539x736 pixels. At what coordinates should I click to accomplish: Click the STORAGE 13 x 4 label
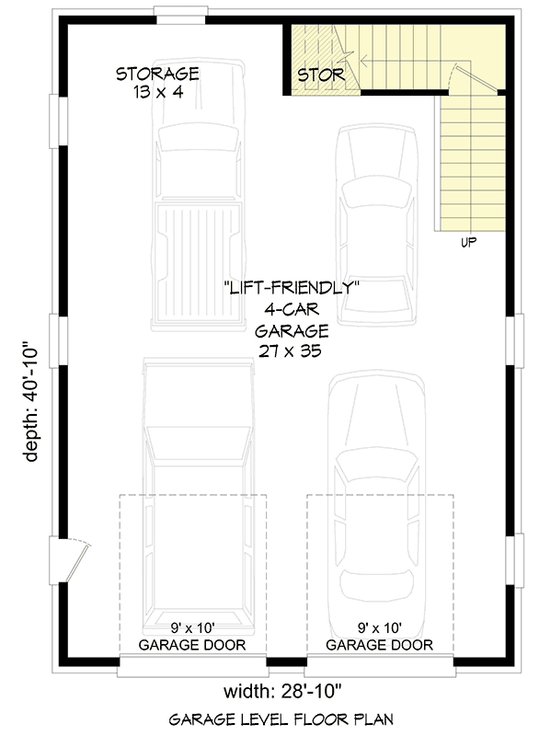pyautogui.click(x=157, y=82)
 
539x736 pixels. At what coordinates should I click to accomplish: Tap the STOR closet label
pyautogui.click(x=320, y=75)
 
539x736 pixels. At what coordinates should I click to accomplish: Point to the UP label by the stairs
pyautogui.click(x=468, y=243)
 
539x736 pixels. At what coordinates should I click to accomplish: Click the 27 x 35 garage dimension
pyautogui.click(x=291, y=351)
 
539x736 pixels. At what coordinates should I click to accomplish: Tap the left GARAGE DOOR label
pyautogui.click(x=192, y=645)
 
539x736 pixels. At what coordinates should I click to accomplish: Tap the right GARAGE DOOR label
pyautogui.click(x=380, y=645)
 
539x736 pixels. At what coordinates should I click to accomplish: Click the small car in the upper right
pyautogui.click(x=375, y=225)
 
